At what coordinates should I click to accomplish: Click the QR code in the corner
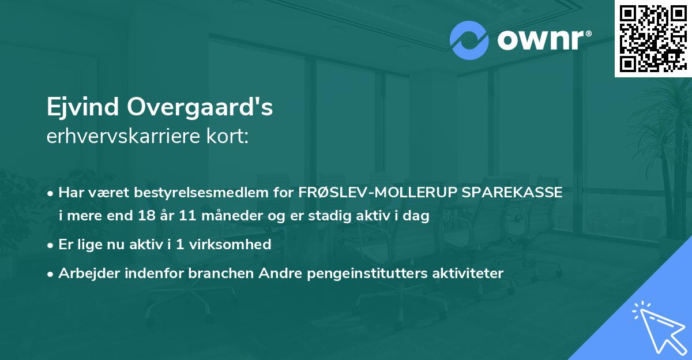coord(652,38)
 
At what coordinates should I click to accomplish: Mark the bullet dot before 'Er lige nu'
coord(51,245)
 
